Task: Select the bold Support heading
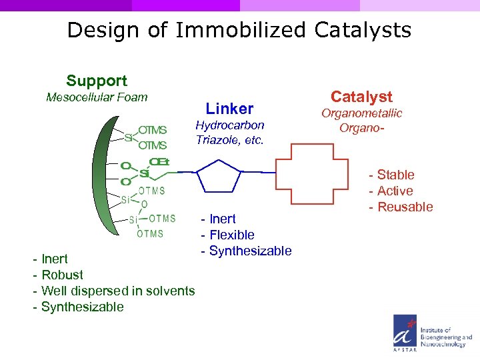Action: (x=97, y=81)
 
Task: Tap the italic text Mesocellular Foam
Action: (x=97, y=98)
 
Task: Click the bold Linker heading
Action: (x=229, y=109)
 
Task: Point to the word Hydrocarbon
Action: (x=229, y=125)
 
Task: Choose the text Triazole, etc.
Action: (x=229, y=140)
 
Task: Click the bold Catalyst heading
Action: (x=362, y=97)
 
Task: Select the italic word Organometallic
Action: (x=362, y=113)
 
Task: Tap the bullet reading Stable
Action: (x=395, y=175)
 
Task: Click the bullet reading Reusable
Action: (x=405, y=207)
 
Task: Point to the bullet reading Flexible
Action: (x=231, y=235)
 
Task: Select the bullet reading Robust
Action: (x=62, y=275)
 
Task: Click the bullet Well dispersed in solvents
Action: (x=117, y=291)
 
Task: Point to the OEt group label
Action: (x=159, y=162)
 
